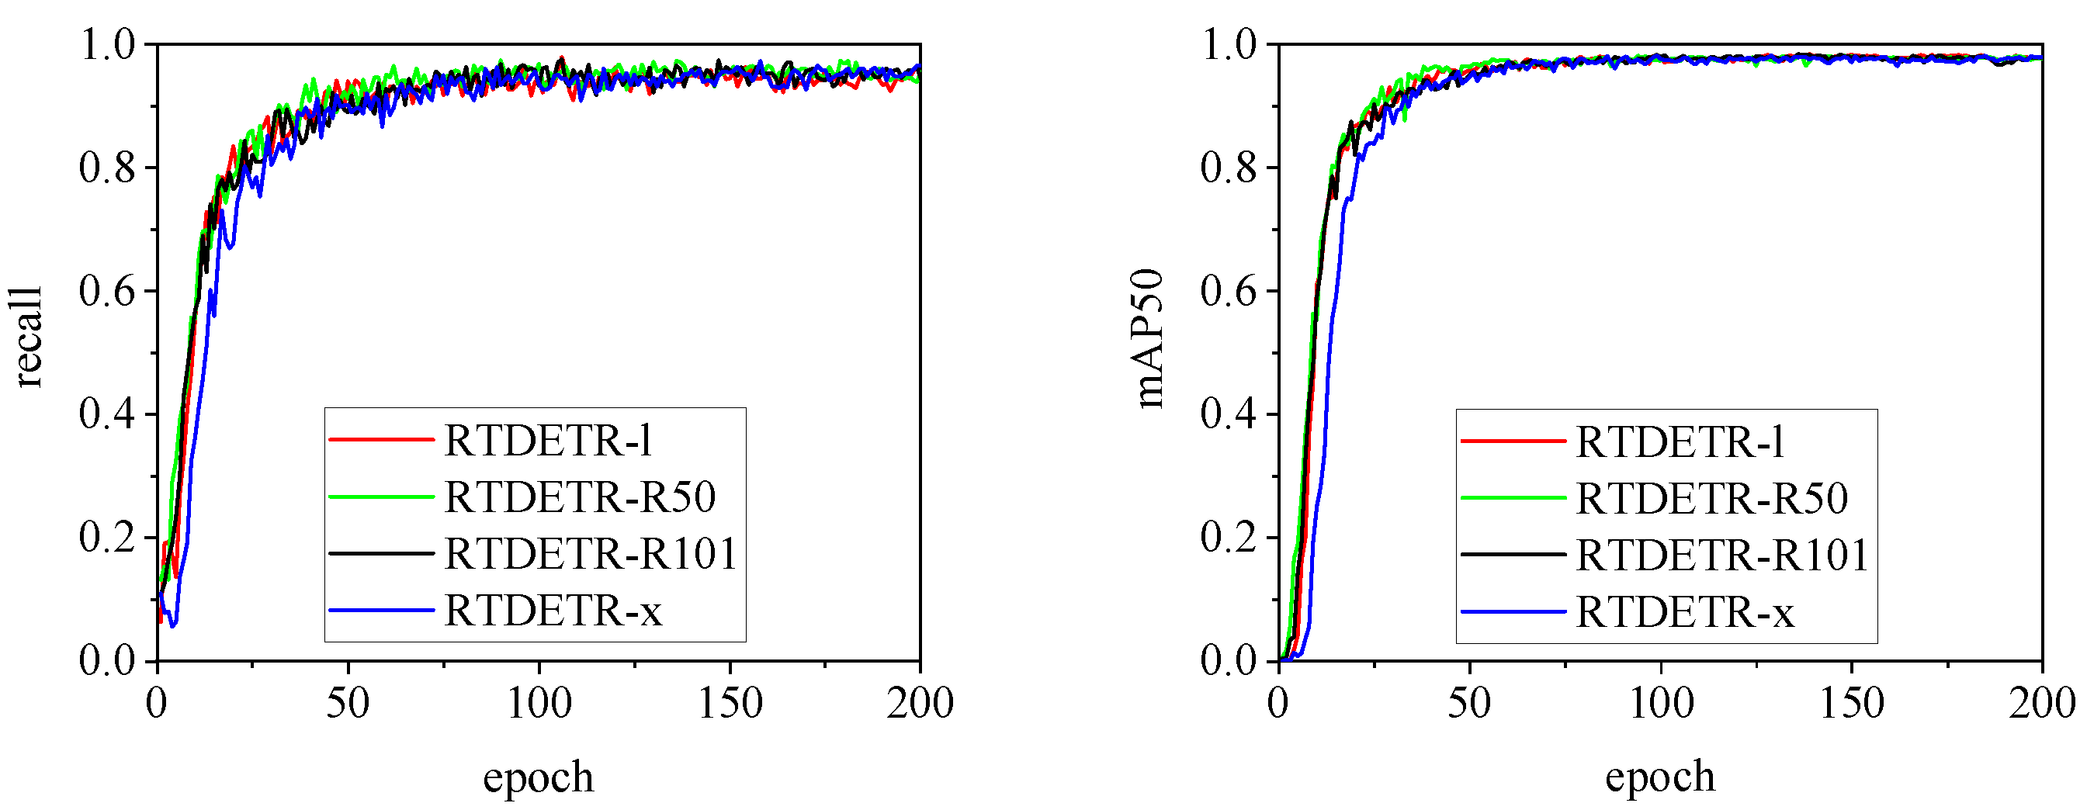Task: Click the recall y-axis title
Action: (x=29, y=337)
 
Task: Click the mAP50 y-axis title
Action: (x=1149, y=338)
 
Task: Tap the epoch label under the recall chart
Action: (x=538, y=777)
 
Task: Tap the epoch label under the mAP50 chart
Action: (x=1660, y=777)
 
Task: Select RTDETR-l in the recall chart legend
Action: (x=549, y=441)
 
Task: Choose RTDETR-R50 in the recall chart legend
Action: (x=580, y=497)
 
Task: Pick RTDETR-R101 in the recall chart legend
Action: (x=591, y=554)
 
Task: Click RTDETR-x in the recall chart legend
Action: (x=553, y=611)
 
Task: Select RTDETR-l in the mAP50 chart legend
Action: (x=1680, y=442)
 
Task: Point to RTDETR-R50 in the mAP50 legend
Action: (x=1711, y=499)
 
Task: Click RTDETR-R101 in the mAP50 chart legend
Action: (x=1721, y=556)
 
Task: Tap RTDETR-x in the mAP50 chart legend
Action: (x=1684, y=612)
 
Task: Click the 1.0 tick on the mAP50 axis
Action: (x=1229, y=43)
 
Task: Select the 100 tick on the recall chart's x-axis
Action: (x=539, y=703)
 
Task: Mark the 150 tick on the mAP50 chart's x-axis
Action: (x=1852, y=703)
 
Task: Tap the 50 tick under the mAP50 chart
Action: (x=1470, y=703)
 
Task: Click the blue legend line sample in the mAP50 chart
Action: (x=1513, y=612)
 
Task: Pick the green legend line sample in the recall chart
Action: (x=382, y=497)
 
